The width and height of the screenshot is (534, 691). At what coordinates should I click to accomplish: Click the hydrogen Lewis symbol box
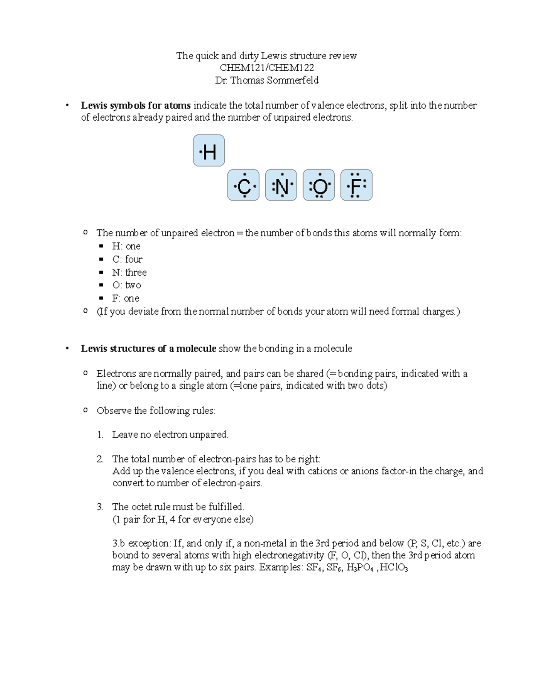[x=209, y=151]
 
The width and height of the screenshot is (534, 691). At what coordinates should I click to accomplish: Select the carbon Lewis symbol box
[x=243, y=185]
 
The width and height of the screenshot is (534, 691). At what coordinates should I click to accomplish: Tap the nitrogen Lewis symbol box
[x=281, y=185]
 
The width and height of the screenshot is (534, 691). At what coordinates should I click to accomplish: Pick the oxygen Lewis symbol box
[x=319, y=185]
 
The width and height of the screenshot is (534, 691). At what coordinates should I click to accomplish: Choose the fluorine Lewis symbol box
[x=356, y=185]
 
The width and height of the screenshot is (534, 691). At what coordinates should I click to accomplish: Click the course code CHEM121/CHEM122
[x=267, y=68]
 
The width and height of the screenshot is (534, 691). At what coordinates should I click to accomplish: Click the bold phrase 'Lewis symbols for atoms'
[x=136, y=105]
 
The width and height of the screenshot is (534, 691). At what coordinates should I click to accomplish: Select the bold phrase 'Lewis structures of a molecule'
[x=148, y=348]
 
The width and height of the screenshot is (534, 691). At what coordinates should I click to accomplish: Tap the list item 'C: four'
[x=127, y=259]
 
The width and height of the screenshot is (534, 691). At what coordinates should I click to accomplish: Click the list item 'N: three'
[x=129, y=272]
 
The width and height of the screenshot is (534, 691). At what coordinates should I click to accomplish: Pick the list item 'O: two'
[x=127, y=285]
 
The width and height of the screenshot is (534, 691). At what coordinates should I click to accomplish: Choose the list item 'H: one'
[x=126, y=246]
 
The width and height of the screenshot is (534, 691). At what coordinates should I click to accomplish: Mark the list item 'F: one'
[x=126, y=298]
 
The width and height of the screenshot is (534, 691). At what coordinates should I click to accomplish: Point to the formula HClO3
[x=393, y=568]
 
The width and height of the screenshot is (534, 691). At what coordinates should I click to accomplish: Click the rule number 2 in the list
[x=100, y=459]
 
